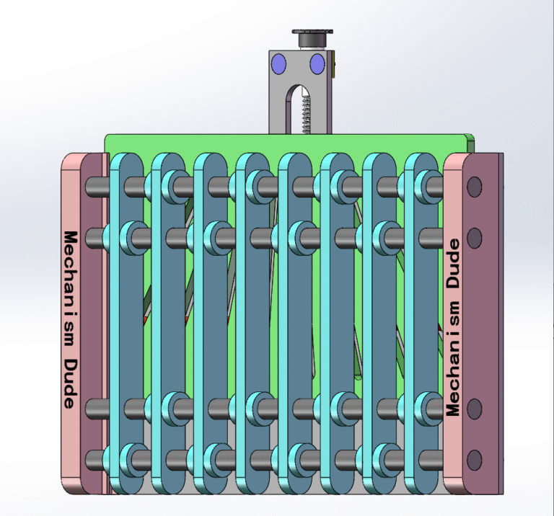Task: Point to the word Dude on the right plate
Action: (454, 264)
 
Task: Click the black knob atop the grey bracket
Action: (312, 34)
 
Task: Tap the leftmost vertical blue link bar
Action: (131, 324)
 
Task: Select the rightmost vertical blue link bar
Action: (421, 324)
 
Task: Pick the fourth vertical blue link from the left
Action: (253, 324)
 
